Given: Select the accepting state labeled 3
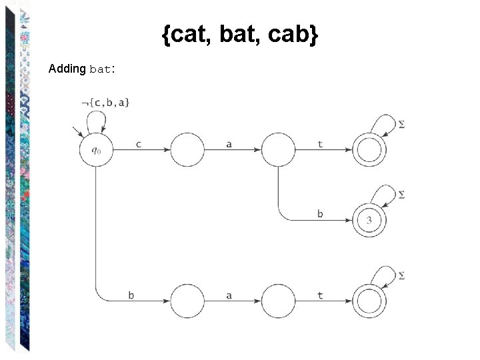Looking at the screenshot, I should pyautogui.click(x=369, y=220).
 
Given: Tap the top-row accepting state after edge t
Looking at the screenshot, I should pyautogui.click(x=369, y=150).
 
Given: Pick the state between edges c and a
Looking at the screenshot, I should pyautogui.click(x=187, y=150).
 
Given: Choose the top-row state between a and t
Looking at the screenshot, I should pyautogui.click(x=278, y=150).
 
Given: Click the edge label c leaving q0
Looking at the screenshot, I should pyautogui.click(x=138, y=143).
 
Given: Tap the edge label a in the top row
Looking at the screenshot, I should pyautogui.click(x=229, y=143).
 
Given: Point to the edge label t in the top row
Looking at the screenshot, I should pyautogui.click(x=320, y=143).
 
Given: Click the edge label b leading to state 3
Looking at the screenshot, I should pyautogui.click(x=320, y=213).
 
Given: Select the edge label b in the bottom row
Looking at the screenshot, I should pyautogui.click(x=131, y=295).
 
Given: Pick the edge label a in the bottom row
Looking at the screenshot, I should pyautogui.click(x=229, y=295).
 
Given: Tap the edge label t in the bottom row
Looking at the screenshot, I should pyautogui.click(x=320, y=295).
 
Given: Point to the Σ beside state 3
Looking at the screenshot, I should pyautogui.click(x=401, y=194).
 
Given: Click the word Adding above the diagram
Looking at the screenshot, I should pyautogui.click(x=67, y=69).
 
